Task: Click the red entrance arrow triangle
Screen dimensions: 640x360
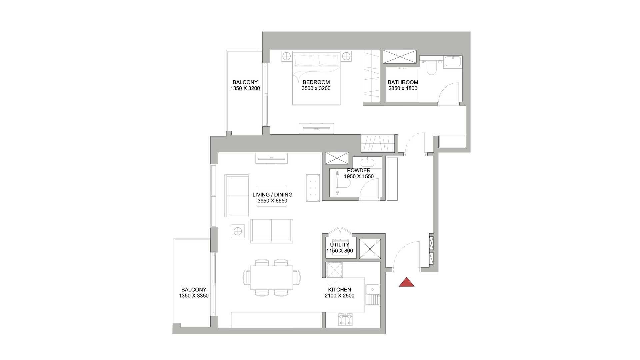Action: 407,283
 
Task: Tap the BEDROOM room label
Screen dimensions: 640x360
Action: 316,82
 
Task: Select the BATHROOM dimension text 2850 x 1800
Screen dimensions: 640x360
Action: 403,88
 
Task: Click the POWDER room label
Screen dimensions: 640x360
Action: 359,170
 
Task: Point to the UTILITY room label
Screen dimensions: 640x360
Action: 340,245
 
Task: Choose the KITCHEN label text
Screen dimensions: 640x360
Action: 339,290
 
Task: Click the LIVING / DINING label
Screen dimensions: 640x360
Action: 272,195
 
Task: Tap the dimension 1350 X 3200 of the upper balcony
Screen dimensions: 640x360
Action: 245,88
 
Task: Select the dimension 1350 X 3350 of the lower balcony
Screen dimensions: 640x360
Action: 194,296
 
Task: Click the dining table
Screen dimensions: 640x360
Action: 271,278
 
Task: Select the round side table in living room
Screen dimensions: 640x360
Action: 237,231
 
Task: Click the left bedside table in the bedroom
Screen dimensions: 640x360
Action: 286,56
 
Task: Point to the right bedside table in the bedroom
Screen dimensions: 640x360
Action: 346,56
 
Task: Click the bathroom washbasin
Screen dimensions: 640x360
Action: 453,62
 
